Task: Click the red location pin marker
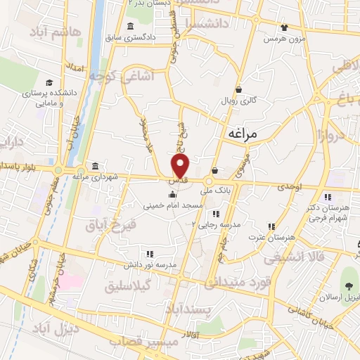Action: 181,166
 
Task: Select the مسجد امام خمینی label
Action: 173,206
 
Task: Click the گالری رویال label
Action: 239,101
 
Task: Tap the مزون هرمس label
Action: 283,39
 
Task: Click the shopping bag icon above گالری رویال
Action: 239,89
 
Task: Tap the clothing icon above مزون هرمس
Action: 283,27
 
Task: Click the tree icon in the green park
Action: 348,284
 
